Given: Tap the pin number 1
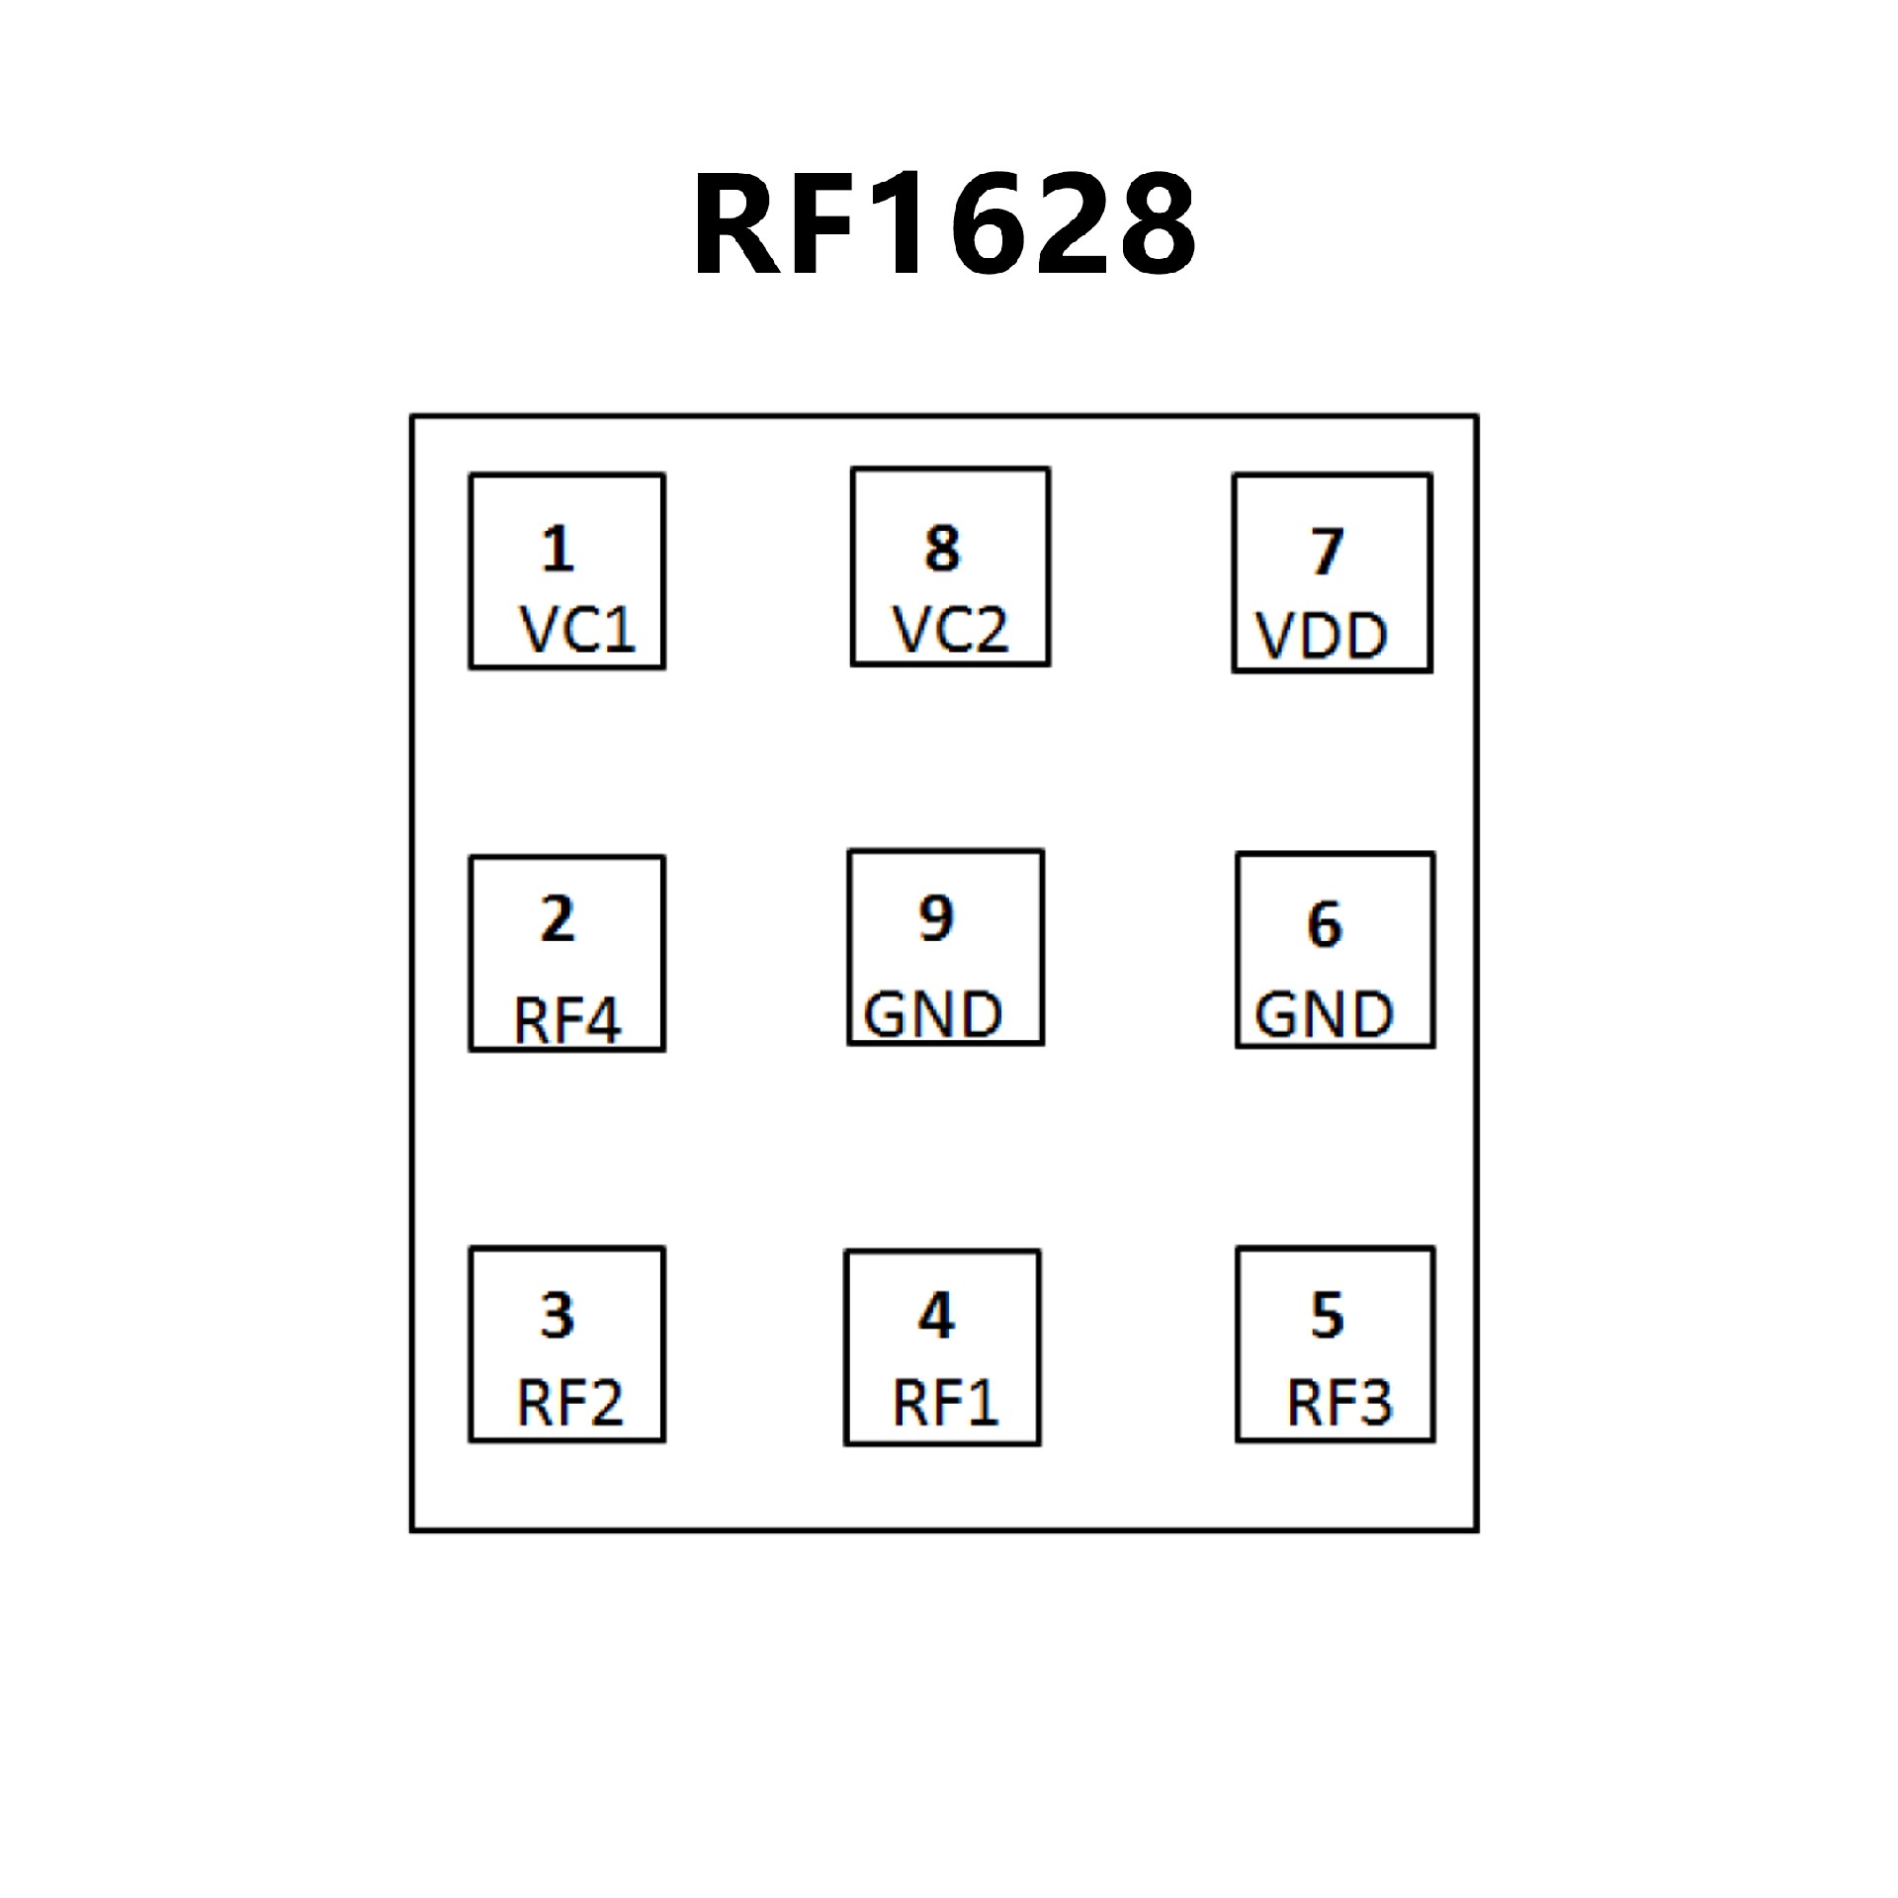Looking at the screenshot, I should pyautogui.click(x=559, y=550).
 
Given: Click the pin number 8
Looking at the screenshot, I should pyautogui.click(x=942, y=549).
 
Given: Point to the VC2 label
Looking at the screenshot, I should pyautogui.click(x=950, y=629).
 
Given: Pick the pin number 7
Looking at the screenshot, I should pyautogui.click(x=1328, y=552).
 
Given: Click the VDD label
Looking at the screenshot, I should pyautogui.click(x=1322, y=636).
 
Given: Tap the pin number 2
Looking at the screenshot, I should pyautogui.click(x=558, y=919).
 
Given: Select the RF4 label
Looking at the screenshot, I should pyautogui.click(x=567, y=1020).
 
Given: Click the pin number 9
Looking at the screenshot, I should pyautogui.click(x=936, y=917).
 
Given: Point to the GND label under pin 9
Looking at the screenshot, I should pyautogui.click(x=933, y=1014).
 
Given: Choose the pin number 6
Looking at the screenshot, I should pyautogui.click(x=1325, y=925).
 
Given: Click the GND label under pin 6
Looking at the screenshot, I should pyautogui.click(x=1324, y=1014).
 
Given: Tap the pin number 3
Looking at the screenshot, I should pyautogui.click(x=558, y=1316).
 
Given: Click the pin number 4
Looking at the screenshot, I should pyautogui.click(x=936, y=1316).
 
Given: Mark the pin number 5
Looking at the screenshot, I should pyautogui.click(x=1328, y=1315).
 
